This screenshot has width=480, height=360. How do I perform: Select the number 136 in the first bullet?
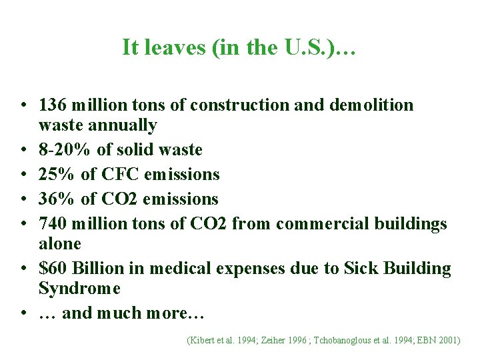[x=53, y=105]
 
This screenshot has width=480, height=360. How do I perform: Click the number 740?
[x=53, y=224]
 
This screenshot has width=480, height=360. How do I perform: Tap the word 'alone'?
[x=60, y=244]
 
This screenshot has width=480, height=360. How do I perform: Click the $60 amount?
[x=53, y=269]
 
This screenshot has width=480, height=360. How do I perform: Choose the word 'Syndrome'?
[x=79, y=289]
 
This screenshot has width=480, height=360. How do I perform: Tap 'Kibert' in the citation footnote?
[x=203, y=340]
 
